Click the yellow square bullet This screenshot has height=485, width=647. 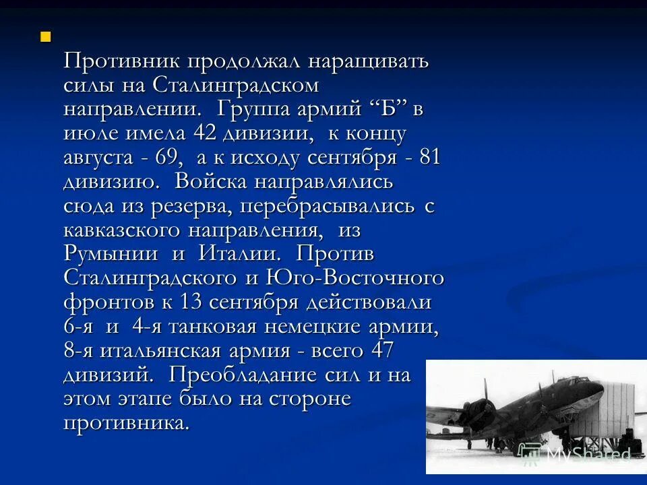[x=45, y=36]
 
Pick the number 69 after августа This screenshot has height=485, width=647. [x=168, y=158]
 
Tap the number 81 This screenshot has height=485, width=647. [x=429, y=158]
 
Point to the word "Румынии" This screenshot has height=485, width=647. [x=111, y=254]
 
